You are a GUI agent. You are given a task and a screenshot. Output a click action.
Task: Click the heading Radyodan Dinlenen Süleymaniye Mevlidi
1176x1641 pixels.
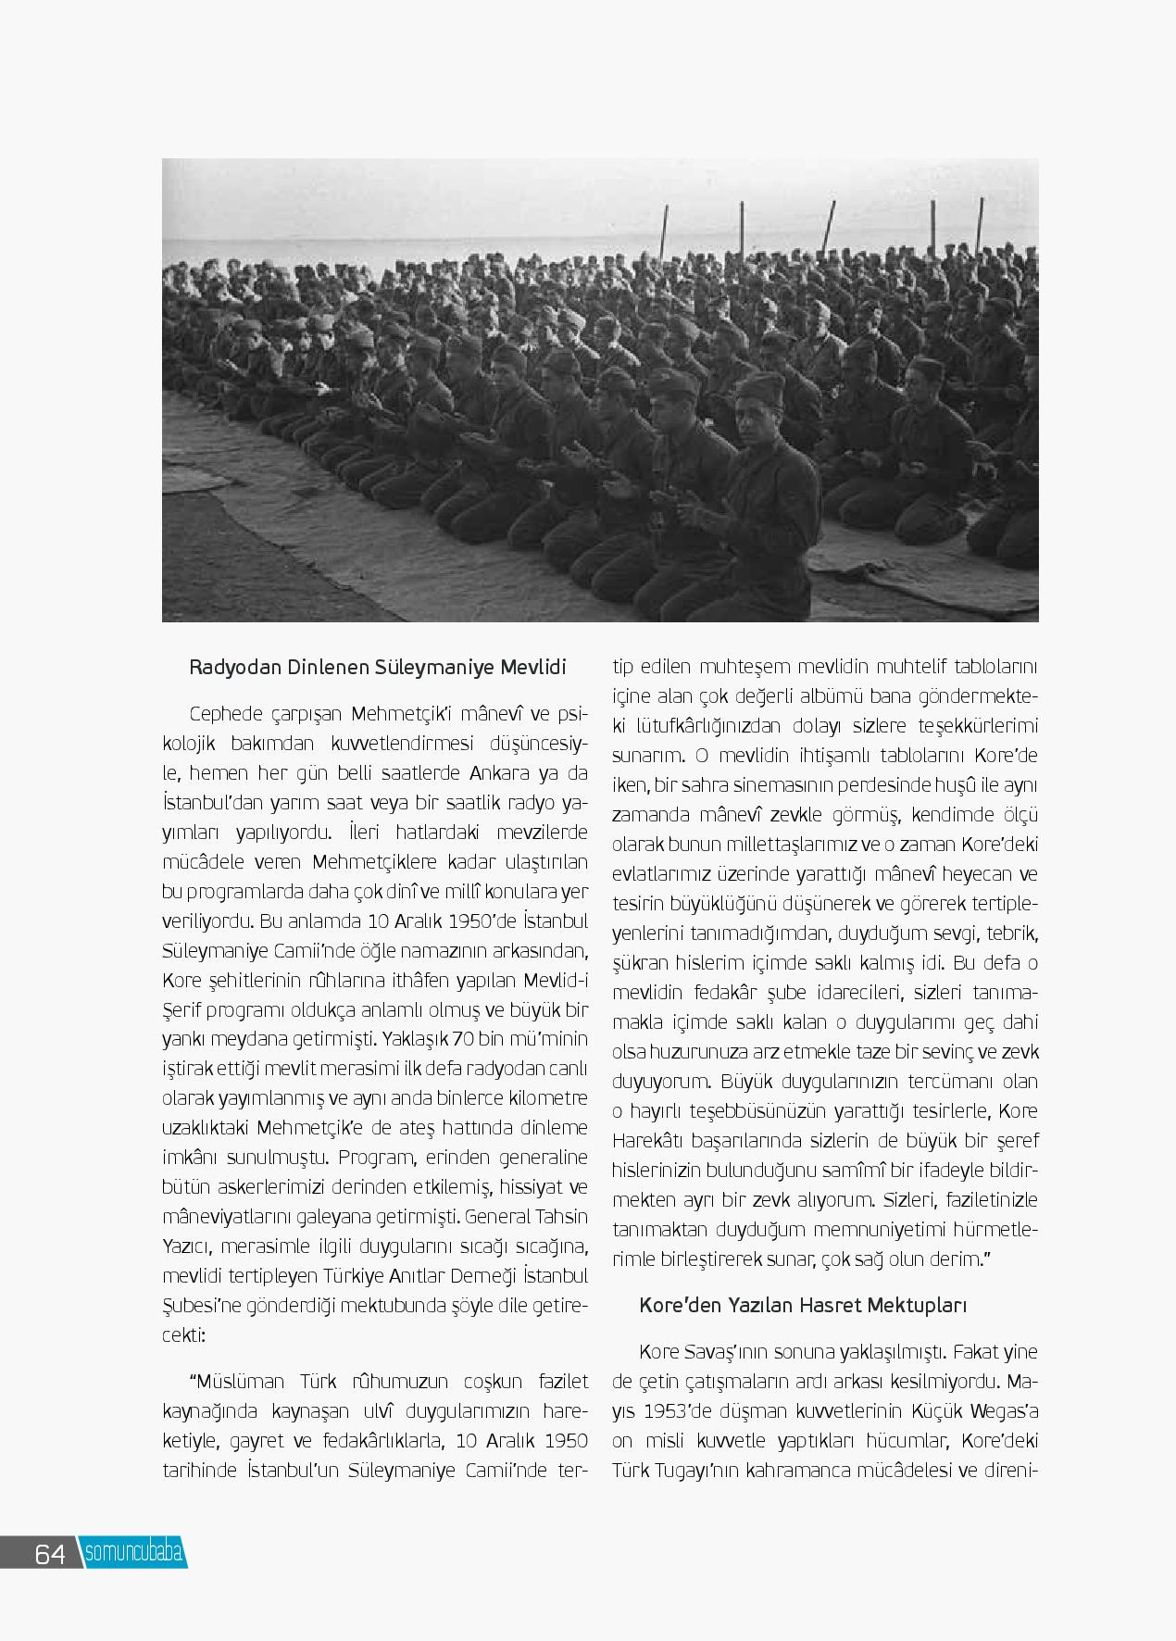(377, 668)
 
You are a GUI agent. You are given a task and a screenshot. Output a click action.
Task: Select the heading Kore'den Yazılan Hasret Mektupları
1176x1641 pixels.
(803, 1306)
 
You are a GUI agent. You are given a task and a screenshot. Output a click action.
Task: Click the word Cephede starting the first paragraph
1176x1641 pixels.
(224, 714)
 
